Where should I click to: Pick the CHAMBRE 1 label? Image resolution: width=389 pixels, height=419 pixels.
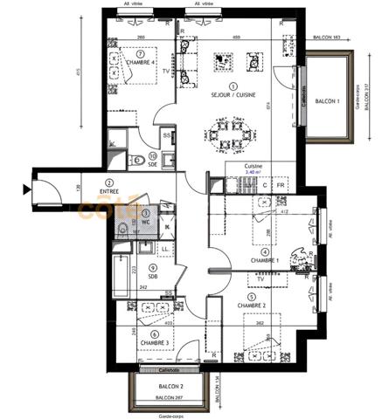[x=265, y=260]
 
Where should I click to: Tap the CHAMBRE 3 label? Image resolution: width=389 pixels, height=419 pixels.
[x=154, y=343]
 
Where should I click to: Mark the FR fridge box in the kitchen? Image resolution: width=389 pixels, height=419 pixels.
[x=281, y=186]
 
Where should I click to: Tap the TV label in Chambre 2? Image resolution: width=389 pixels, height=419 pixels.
[x=260, y=279]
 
